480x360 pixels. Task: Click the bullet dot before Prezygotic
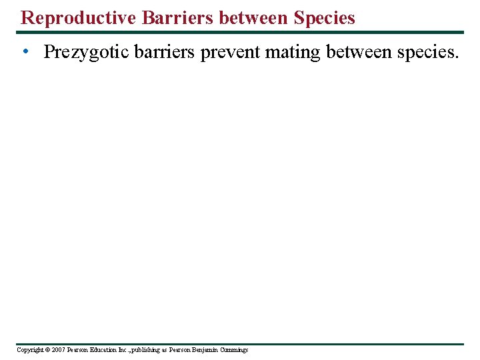pyautogui.click(x=24, y=53)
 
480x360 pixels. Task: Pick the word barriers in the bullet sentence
pyautogui.click(x=164, y=53)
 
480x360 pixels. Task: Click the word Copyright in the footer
pyautogui.click(x=29, y=350)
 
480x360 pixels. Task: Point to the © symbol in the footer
pyautogui.click(x=47, y=350)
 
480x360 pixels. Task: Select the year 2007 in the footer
pyautogui.click(x=58, y=350)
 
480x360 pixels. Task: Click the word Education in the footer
pyautogui.click(x=102, y=350)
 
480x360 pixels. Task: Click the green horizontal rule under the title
pyautogui.click(x=240, y=32)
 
